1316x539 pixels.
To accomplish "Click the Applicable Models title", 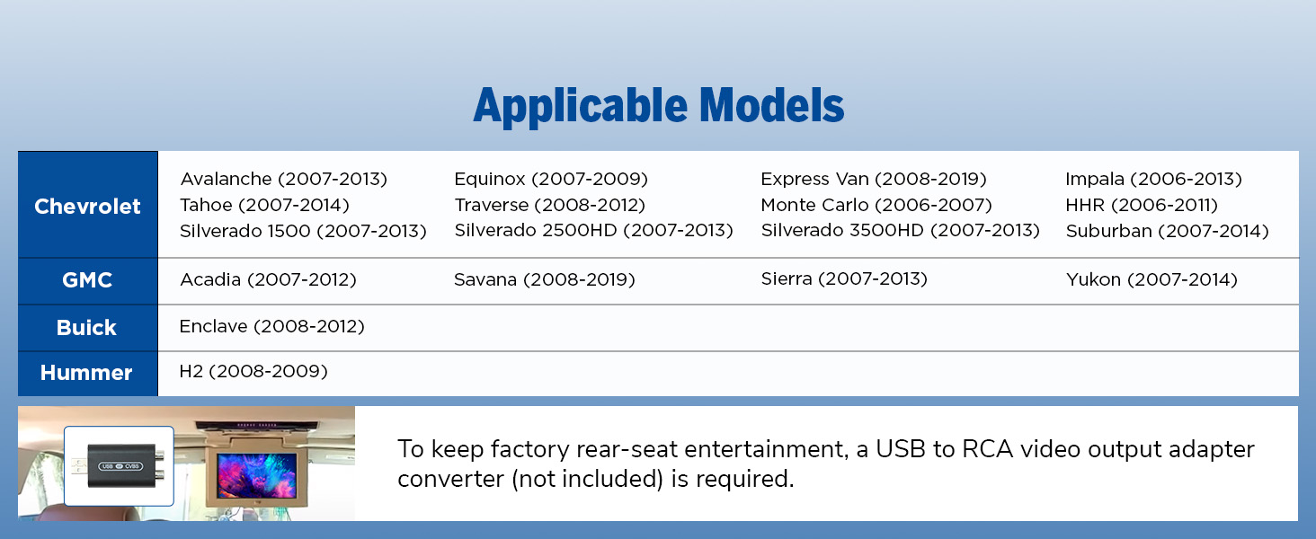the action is pos(659,106).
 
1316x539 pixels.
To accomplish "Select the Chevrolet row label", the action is pos(87,206).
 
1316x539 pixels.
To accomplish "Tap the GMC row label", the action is pos(87,280).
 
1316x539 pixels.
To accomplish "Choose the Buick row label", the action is pos(86,327).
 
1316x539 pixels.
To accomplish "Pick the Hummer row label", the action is pos(86,373).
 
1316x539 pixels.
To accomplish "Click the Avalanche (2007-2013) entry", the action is pos(284,179).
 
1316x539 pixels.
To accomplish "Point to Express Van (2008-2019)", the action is pos(874,179).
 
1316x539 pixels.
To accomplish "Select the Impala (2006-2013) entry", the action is pos(1154,179).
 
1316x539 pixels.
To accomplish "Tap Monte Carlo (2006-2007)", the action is pos(876,205).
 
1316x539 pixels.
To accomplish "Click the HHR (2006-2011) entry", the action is pos(1142,205).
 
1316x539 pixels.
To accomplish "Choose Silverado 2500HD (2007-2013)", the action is pos(594,230).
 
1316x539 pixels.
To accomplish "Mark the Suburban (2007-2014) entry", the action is pos(1168,231).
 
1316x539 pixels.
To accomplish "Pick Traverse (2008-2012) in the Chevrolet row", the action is pos(550,205).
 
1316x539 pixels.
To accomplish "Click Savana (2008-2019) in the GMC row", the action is pos(545,279).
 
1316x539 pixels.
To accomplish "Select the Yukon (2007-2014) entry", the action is pos(1152,279).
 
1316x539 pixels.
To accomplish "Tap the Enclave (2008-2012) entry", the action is pos(272,326).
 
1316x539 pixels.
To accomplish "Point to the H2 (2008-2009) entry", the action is pos(253,372).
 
